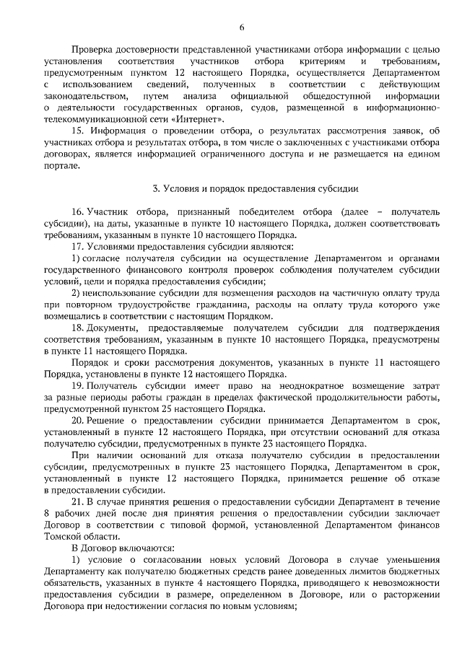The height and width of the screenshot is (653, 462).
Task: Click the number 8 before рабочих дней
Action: [x=47, y=513]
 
